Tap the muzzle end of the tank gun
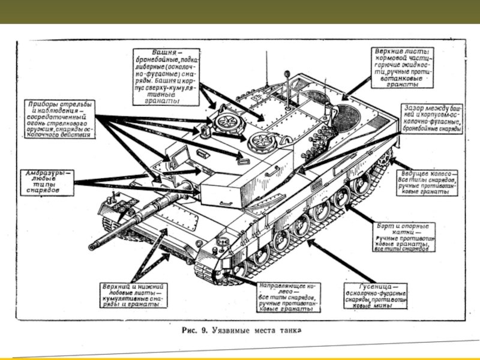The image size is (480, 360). (92, 246)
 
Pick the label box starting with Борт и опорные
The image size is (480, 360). (402, 238)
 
